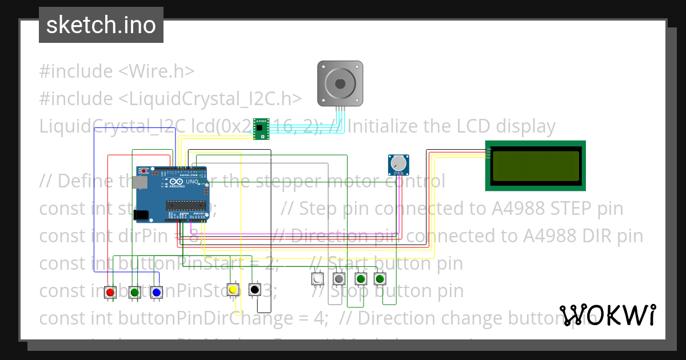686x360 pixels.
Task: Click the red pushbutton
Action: pyautogui.click(x=110, y=292)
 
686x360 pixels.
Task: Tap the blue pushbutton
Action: pyautogui.click(x=156, y=292)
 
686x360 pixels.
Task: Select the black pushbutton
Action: pyautogui.click(x=255, y=290)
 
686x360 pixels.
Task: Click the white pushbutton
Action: pyautogui.click(x=317, y=279)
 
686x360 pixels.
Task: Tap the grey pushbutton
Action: pyautogui.click(x=339, y=279)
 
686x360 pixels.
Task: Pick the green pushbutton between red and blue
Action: pyautogui.click(x=134, y=292)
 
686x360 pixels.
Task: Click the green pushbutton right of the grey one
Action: pyautogui.click(x=360, y=279)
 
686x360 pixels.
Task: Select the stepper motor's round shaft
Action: pyautogui.click(x=340, y=83)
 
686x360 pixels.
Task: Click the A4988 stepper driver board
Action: pyautogui.click(x=261, y=129)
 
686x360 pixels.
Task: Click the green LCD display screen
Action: pyautogui.click(x=536, y=165)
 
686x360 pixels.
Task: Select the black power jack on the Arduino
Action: pyautogui.click(x=141, y=215)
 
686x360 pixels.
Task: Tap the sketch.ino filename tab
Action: pyautogui.click(x=101, y=25)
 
